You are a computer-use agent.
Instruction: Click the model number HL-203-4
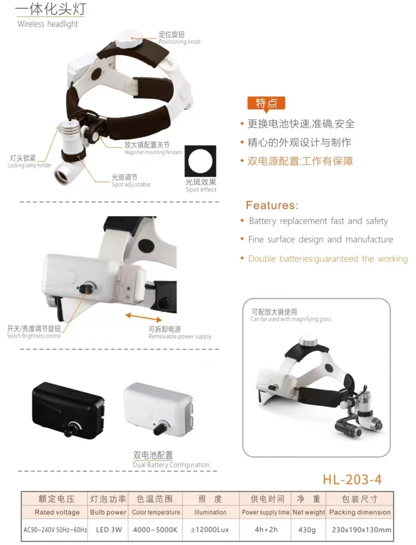click(x=352, y=479)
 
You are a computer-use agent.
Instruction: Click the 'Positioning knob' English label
click(x=180, y=42)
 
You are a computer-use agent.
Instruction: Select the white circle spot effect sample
click(x=200, y=162)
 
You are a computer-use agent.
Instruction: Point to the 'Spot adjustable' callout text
click(x=131, y=185)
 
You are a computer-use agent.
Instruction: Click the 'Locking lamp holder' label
click(x=29, y=165)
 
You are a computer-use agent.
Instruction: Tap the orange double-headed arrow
click(x=143, y=317)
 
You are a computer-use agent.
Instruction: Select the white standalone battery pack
click(x=158, y=408)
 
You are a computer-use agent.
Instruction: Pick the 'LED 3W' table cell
click(x=109, y=530)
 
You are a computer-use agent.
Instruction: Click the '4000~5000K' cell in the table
click(x=156, y=530)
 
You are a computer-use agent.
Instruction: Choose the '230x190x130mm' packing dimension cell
click(x=362, y=530)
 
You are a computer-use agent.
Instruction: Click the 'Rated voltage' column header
click(x=57, y=512)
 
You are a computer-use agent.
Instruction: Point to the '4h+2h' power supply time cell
click(x=266, y=530)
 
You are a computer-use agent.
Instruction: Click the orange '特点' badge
click(x=266, y=103)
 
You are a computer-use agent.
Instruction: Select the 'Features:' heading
click(x=272, y=205)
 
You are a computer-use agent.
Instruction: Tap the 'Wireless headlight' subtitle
click(x=48, y=24)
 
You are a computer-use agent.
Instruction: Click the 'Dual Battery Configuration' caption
click(x=171, y=465)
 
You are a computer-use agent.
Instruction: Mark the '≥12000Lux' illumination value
click(x=210, y=530)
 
